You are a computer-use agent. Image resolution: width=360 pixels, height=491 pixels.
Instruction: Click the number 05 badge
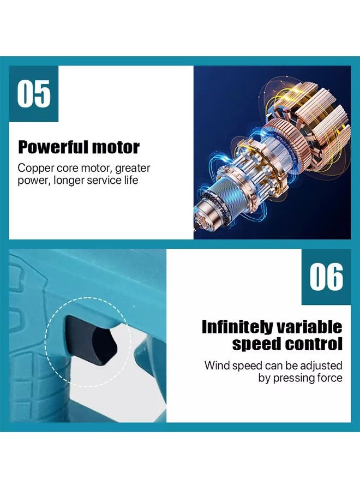34,93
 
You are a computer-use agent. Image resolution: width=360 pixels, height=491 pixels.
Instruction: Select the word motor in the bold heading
115,147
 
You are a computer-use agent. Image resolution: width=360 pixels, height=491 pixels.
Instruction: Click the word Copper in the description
36,168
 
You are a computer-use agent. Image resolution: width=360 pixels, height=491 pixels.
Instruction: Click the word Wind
217,365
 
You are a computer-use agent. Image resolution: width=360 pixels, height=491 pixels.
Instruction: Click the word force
330,378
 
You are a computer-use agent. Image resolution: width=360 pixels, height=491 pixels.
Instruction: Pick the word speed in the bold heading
256,344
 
